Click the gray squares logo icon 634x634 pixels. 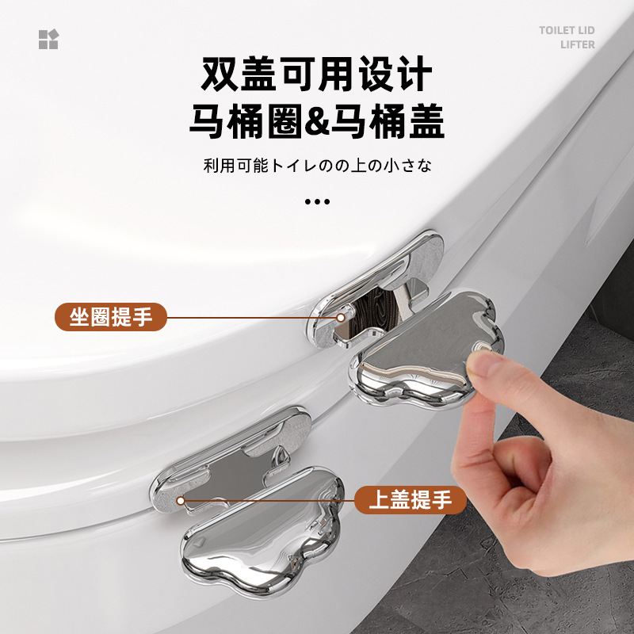48,39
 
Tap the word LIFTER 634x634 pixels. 578,44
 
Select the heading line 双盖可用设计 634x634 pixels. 316,74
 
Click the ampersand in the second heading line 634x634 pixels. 317,120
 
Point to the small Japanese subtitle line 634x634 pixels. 318,166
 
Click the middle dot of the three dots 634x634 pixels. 318,201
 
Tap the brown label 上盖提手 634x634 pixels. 411,500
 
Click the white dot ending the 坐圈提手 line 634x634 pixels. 341,318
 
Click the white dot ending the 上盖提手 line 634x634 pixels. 181,502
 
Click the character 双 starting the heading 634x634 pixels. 220,74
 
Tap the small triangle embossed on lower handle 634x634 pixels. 197,544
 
